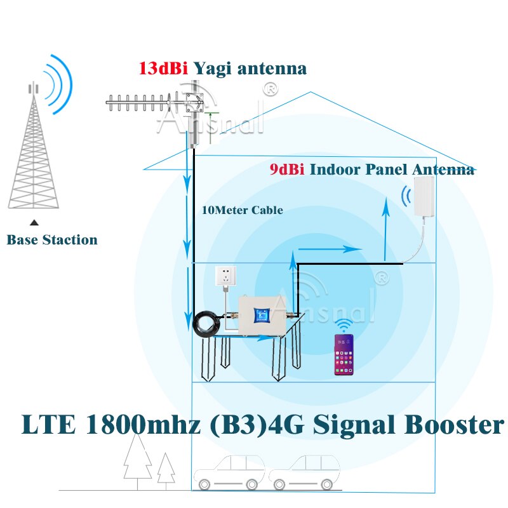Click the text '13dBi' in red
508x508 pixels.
[x=163, y=69]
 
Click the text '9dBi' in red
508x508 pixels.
[x=286, y=170]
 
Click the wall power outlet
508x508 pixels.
[x=227, y=277]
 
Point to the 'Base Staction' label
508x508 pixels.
[x=52, y=240]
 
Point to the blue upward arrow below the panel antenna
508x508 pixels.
[x=385, y=229]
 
